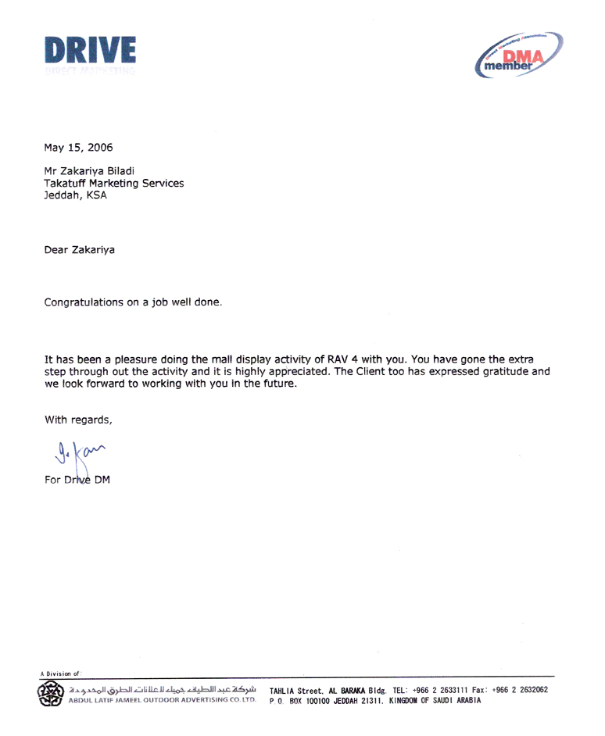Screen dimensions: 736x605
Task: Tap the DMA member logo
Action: (519, 55)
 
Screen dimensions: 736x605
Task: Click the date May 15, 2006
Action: (78, 146)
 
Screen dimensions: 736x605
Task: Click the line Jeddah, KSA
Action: (75, 195)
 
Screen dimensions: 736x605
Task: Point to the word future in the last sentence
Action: (278, 384)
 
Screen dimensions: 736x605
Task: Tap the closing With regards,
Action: (78, 420)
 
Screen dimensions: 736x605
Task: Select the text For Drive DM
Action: (77, 480)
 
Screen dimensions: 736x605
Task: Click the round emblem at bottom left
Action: (49, 695)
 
